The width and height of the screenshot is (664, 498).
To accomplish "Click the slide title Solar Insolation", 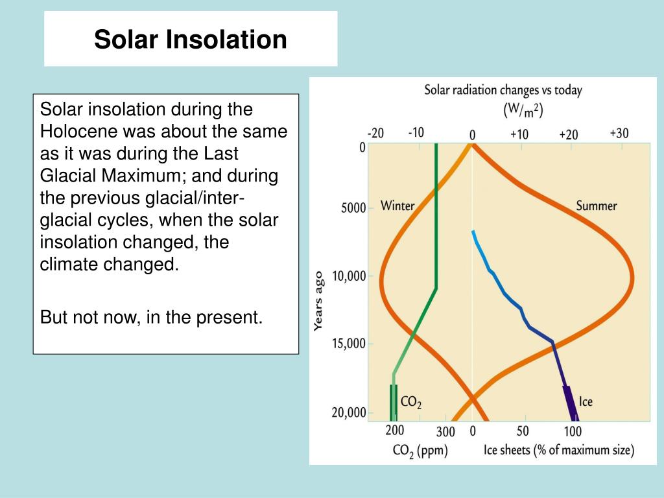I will point(190,40).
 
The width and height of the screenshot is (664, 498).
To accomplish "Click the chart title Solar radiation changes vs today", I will point(503,90).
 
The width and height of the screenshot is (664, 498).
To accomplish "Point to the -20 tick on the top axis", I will point(375,134).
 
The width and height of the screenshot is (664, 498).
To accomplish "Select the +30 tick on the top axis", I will point(619,133).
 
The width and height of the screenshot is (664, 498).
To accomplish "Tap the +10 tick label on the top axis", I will point(519,134).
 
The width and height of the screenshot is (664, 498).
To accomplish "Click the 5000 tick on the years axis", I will point(354,209).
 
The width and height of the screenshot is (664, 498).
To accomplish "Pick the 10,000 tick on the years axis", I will point(349,276).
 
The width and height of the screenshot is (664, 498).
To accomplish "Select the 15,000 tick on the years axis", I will point(349,344).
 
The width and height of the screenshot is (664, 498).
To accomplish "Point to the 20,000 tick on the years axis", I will point(349,413).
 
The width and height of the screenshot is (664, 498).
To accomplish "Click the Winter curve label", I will point(397,206).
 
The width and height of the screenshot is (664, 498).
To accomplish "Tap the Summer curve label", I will point(596,206).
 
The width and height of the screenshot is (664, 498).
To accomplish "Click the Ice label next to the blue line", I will point(585,402).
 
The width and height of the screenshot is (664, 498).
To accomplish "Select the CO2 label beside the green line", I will point(411,403).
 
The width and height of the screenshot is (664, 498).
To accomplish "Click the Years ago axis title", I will point(318,302).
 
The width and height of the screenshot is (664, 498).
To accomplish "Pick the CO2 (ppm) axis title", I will point(420,449).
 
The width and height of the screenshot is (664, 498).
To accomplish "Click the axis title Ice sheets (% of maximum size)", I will point(559,449).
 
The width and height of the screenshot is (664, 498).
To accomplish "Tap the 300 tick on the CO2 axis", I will point(445,431).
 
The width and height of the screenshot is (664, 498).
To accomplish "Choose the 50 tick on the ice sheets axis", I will point(522,431).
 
